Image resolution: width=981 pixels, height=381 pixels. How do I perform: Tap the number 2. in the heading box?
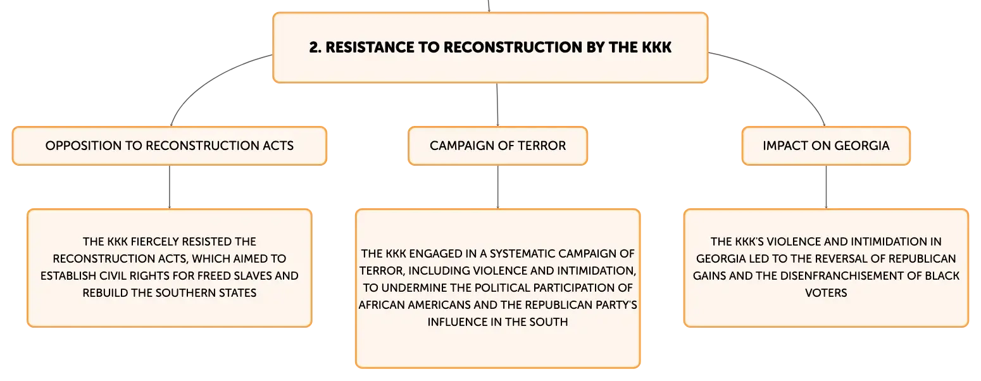(x=315, y=47)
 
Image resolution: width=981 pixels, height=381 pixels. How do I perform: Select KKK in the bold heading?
(x=656, y=47)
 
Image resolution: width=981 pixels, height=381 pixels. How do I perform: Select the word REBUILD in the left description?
(x=105, y=293)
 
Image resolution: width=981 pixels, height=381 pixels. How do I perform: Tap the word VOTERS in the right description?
(x=826, y=293)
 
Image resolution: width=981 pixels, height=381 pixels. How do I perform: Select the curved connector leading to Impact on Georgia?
(x=784, y=77)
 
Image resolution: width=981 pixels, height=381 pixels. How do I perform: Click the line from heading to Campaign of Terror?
(x=497, y=104)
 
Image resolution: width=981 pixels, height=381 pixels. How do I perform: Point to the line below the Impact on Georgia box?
(x=826, y=187)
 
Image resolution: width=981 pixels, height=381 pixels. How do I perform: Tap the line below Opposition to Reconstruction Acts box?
(x=170, y=187)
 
